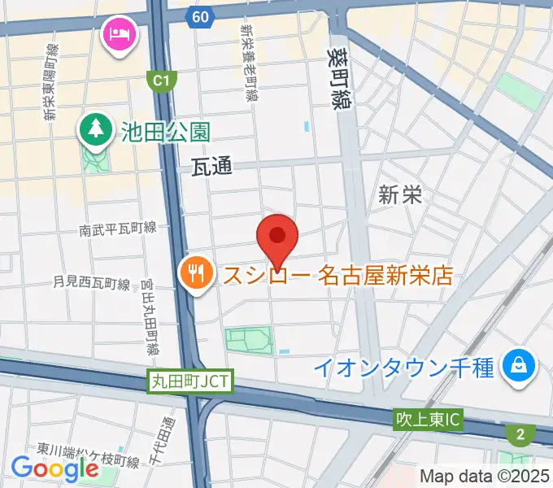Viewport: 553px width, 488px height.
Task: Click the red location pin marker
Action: tap(277, 238)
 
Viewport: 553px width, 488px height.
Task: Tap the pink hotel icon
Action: tap(119, 35)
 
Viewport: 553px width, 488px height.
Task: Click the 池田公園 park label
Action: tap(166, 131)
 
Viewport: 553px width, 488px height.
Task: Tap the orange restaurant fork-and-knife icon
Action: tap(196, 272)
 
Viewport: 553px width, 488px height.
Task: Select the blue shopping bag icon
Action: tap(518, 365)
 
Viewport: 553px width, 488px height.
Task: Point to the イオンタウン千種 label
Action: tap(404, 368)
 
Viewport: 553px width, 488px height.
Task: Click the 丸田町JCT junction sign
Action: tap(190, 381)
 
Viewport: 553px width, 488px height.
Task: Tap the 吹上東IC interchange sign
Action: tap(428, 420)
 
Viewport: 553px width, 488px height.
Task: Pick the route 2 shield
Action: tap(520, 434)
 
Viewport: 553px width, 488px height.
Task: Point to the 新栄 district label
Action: tap(399, 194)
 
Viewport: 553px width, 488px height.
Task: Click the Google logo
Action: tap(54, 468)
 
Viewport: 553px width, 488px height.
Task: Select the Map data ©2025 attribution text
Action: tap(485, 476)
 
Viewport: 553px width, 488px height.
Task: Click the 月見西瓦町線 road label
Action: tap(91, 283)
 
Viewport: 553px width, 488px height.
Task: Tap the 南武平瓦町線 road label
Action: tap(117, 230)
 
